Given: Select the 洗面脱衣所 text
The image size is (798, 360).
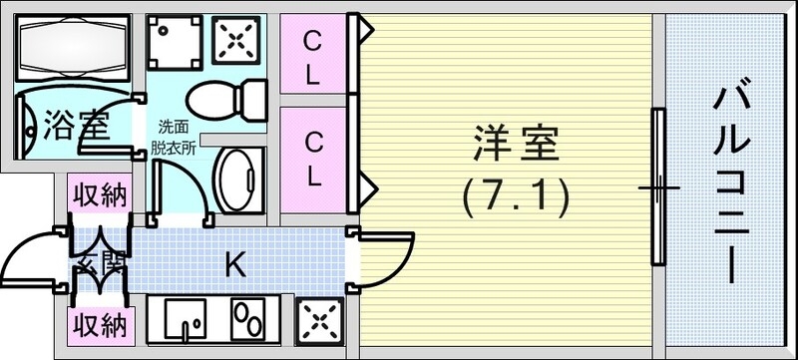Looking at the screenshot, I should (x=174, y=136).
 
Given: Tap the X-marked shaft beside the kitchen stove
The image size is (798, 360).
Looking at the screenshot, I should (x=320, y=322).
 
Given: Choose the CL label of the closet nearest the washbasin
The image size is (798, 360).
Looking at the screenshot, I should (x=313, y=160).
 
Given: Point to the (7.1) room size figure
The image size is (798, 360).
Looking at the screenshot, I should (x=515, y=196).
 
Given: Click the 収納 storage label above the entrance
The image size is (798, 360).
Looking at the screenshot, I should (x=98, y=195).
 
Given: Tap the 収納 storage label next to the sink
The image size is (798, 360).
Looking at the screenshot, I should (x=98, y=324).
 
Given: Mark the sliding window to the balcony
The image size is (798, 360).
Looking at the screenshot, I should (x=658, y=187).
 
